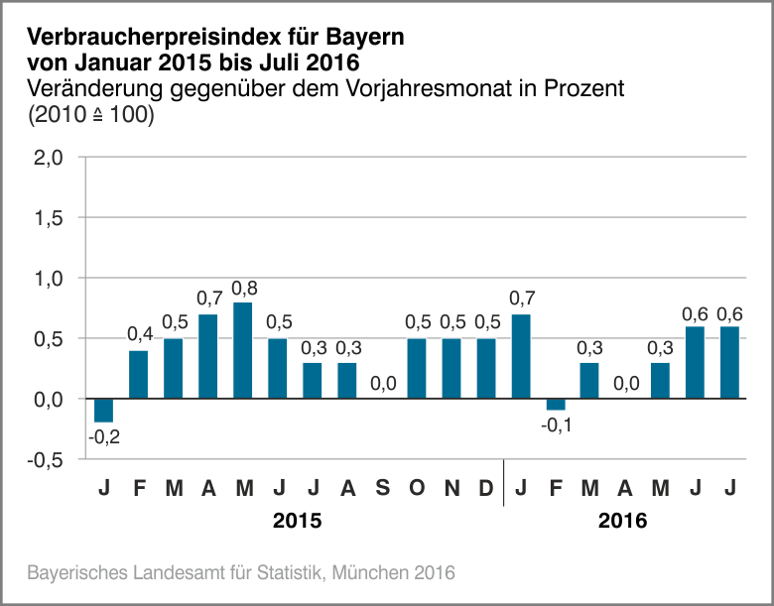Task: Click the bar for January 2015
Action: (x=103, y=410)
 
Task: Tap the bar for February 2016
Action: (x=556, y=404)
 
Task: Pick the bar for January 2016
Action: (x=521, y=356)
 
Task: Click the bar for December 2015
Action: (x=486, y=368)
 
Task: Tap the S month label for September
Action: (x=382, y=488)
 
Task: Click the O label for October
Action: (x=417, y=488)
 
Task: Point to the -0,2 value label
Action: (x=103, y=435)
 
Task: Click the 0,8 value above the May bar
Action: (x=243, y=289)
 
